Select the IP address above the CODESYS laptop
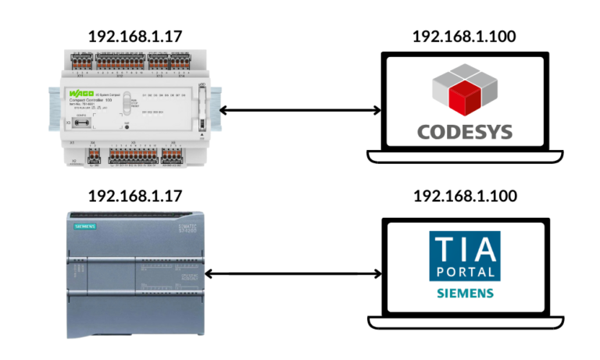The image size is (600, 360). [x=464, y=36]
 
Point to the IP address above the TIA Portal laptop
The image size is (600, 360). [x=464, y=195]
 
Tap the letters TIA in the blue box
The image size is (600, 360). [x=465, y=250]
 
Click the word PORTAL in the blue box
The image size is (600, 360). [x=465, y=272]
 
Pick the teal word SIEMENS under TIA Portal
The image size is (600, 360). [x=465, y=294]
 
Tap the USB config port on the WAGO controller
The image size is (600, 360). [x=81, y=124]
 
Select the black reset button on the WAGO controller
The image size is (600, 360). [x=127, y=127]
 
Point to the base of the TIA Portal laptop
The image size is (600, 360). [x=464, y=321]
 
